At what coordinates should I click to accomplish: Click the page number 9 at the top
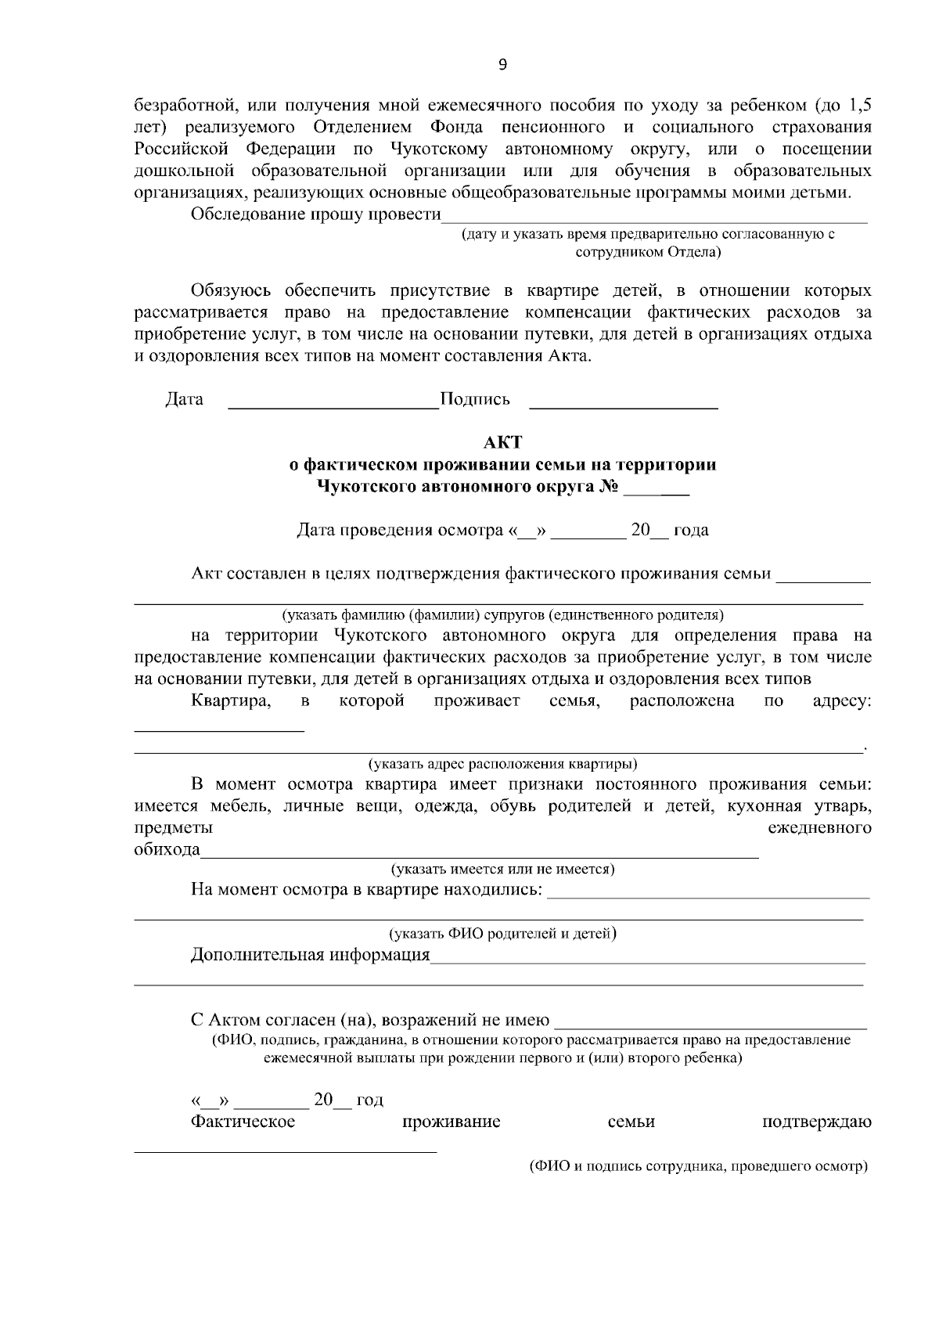(502, 66)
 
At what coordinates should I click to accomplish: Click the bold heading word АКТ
(502, 443)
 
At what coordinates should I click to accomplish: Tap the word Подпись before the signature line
(475, 399)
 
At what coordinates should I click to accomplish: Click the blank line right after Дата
(333, 406)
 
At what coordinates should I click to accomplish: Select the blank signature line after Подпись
(624, 406)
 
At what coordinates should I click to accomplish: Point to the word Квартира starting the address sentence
(231, 701)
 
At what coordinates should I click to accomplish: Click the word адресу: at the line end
(842, 701)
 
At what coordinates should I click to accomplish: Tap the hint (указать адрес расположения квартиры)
(502, 764)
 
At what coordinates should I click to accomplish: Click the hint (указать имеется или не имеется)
(502, 869)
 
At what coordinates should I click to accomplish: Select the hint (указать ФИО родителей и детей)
(502, 933)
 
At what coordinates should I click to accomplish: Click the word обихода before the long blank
(167, 850)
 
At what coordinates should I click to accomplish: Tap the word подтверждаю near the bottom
(816, 1122)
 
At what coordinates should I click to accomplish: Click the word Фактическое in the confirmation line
(243, 1122)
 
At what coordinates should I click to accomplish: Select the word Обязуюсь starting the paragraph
(231, 291)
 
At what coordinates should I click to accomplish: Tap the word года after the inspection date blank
(691, 530)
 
